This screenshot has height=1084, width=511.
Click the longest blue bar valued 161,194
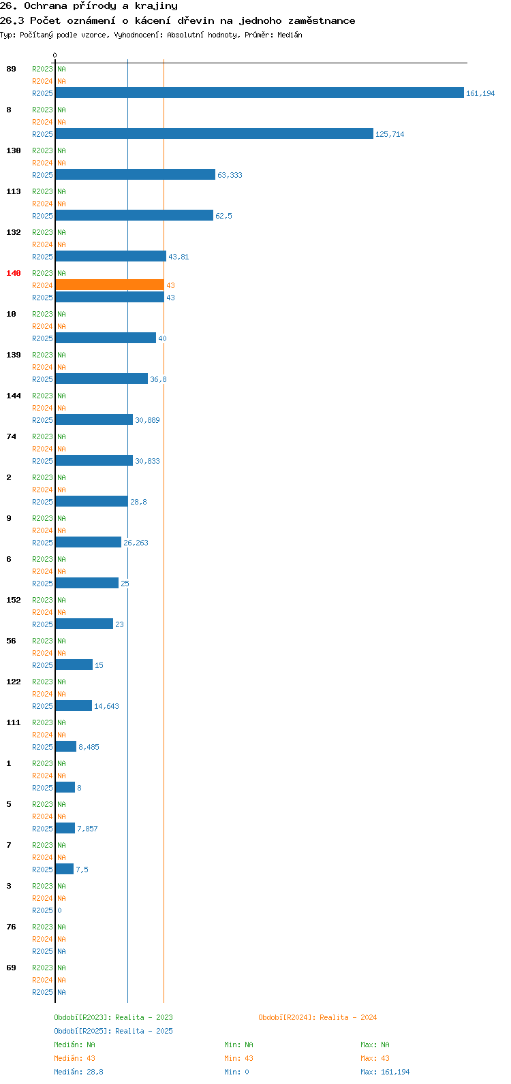(x=260, y=93)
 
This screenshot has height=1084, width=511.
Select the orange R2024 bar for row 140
(x=110, y=285)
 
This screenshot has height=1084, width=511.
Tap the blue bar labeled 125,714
(x=215, y=133)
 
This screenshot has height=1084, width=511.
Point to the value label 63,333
(x=230, y=175)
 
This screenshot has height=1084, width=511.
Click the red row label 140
(x=14, y=274)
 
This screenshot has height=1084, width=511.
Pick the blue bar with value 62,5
(x=135, y=215)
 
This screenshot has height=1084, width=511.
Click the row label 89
(x=11, y=69)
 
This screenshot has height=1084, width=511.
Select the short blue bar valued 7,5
(x=65, y=869)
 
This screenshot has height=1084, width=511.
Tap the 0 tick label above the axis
(x=55, y=55)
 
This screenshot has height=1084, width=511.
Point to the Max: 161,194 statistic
(x=385, y=1072)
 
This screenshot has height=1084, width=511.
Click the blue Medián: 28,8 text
(x=78, y=1072)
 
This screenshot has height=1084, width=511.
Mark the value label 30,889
(x=147, y=420)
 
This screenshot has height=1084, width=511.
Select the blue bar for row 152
(x=84, y=624)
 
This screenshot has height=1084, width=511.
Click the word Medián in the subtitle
(x=290, y=35)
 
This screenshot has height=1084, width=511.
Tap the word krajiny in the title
(x=156, y=6)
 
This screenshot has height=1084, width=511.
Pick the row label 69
(x=11, y=968)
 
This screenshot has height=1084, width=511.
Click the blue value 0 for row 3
(x=59, y=910)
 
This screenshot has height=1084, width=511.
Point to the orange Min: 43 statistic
(x=238, y=1058)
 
